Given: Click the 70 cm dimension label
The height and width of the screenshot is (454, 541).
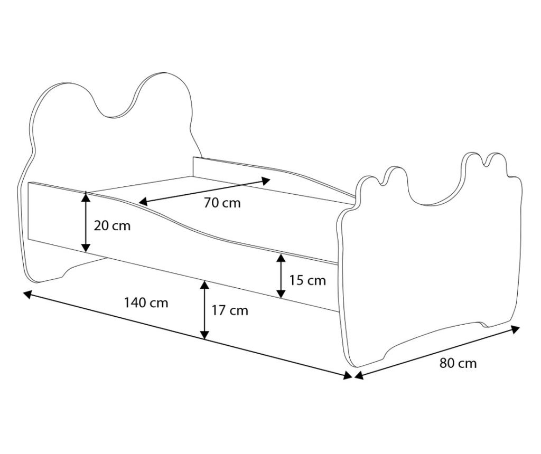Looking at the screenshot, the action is click(x=222, y=203).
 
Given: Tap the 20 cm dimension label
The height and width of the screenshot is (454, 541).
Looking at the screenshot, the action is click(x=112, y=226).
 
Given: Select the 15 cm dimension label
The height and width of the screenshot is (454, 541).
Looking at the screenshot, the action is click(x=307, y=280).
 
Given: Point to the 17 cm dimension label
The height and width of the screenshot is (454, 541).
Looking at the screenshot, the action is click(x=230, y=310).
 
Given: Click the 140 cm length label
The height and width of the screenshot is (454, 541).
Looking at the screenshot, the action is click(x=146, y=302).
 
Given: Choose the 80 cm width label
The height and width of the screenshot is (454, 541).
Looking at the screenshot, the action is click(x=458, y=363).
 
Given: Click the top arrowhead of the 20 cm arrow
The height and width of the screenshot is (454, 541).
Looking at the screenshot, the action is click(x=86, y=196).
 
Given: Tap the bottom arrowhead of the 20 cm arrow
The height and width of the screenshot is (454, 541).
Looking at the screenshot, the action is click(x=86, y=247).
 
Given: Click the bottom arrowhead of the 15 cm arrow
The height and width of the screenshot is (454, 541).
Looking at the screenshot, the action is click(x=281, y=294).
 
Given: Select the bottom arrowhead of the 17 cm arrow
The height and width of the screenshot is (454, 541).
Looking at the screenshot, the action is click(x=204, y=334).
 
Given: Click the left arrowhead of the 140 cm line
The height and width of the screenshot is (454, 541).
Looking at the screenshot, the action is click(x=27, y=295).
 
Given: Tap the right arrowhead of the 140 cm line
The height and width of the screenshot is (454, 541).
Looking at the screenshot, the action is click(x=348, y=375).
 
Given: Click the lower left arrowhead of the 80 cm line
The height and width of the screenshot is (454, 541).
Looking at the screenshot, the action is click(x=359, y=375).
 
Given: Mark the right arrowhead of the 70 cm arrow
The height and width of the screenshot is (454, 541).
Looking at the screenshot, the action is click(x=265, y=181).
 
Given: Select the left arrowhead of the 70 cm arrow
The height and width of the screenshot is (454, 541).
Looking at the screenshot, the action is click(x=143, y=202).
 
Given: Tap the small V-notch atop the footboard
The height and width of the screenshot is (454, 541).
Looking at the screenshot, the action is click(x=487, y=163).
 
